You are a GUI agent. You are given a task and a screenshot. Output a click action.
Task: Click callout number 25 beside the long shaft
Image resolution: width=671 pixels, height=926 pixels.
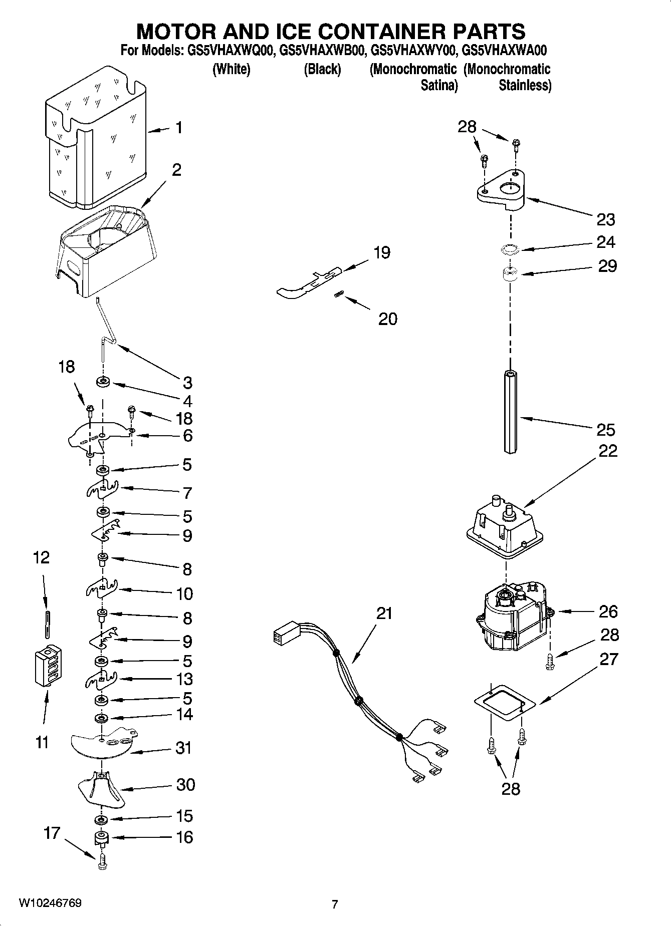point(605,430)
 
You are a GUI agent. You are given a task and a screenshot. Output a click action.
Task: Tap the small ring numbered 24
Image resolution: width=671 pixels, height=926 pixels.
point(510,249)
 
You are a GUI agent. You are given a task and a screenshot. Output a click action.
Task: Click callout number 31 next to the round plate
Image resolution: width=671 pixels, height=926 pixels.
point(183,748)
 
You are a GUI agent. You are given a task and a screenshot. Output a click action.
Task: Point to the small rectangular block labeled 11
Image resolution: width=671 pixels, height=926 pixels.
point(48,665)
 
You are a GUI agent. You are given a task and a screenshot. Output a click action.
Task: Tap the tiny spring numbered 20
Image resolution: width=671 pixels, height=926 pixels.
point(338,295)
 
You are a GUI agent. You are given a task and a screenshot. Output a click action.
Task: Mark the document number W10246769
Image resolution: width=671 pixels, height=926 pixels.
point(50,903)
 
